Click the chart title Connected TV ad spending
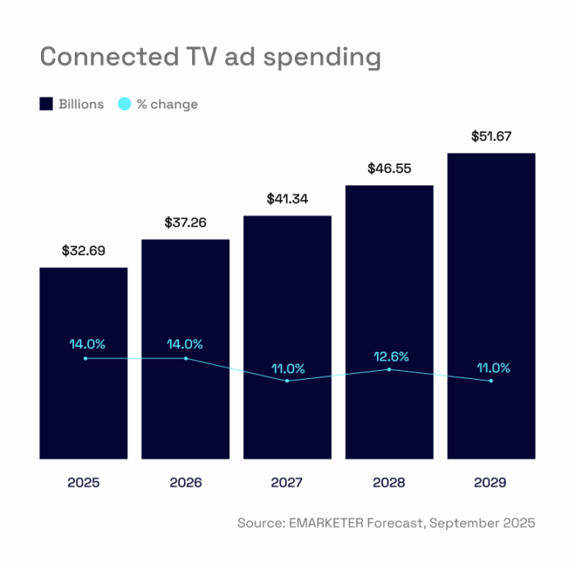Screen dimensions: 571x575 click(210, 57)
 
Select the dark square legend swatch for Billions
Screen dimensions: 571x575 click(46, 104)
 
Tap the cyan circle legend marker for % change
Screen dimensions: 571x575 click(124, 104)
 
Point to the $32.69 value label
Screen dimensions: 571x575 click(84, 251)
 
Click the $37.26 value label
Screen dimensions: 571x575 click(186, 222)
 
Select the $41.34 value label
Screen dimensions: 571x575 click(287, 199)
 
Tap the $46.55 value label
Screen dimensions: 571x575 click(389, 169)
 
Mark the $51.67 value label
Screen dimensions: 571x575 click(491, 136)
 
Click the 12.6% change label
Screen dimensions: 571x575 click(389, 357)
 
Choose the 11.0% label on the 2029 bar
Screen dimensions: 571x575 click(491, 368)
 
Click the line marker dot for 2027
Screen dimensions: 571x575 click(287, 381)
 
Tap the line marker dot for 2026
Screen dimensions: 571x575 click(186, 359)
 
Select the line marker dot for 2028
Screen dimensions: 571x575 click(389, 369)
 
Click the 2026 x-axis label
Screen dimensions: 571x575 click(186, 483)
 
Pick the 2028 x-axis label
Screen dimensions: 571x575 click(389, 483)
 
